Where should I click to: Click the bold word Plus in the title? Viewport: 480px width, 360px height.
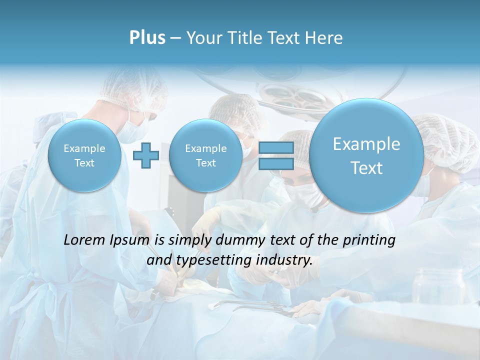tap(147, 38)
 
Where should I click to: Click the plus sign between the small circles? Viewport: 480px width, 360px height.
tap(146, 155)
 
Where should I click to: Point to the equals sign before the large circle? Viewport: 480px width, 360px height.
tap(276, 155)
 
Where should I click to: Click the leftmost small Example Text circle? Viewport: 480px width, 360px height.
tap(84, 155)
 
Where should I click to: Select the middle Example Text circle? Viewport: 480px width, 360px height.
tap(205, 155)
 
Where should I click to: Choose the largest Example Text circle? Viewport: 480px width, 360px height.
tap(366, 155)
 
